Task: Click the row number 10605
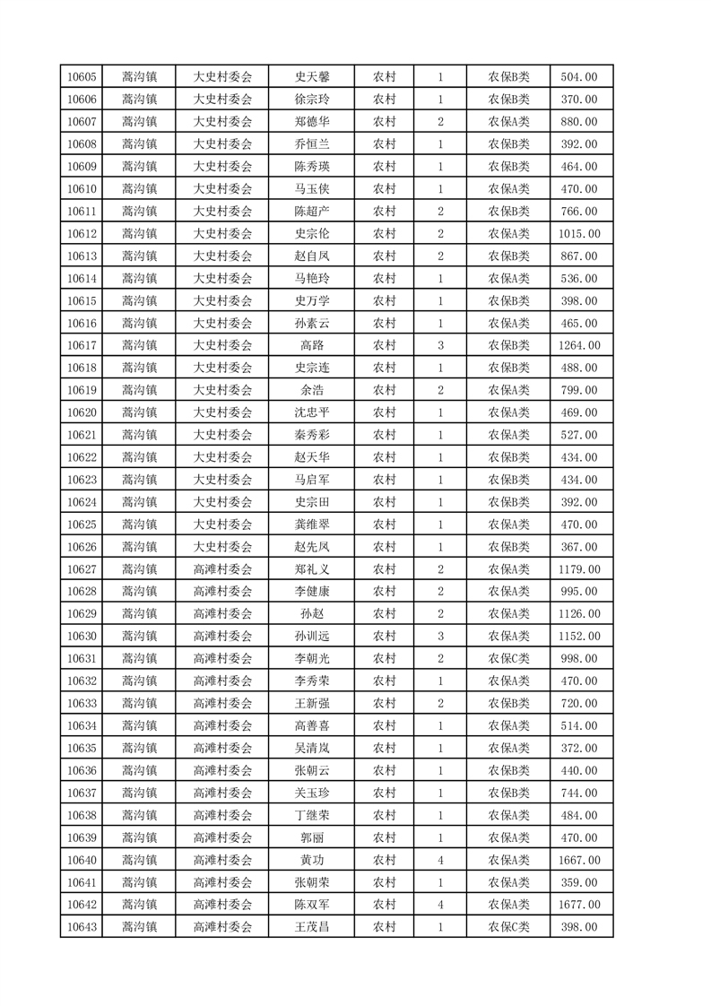(x=82, y=77)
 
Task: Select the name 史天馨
(x=311, y=77)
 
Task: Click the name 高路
(x=311, y=345)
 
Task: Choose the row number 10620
(x=82, y=412)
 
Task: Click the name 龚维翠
(x=311, y=525)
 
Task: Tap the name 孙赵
(x=311, y=614)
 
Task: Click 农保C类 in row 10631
(x=508, y=658)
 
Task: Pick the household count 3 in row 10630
(x=440, y=637)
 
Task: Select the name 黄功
(x=311, y=860)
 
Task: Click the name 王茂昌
(x=311, y=927)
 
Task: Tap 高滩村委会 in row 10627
(x=222, y=569)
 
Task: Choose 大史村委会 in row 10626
(x=222, y=547)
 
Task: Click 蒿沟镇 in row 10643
(x=139, y=927)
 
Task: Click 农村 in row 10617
(x=384, y=345)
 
